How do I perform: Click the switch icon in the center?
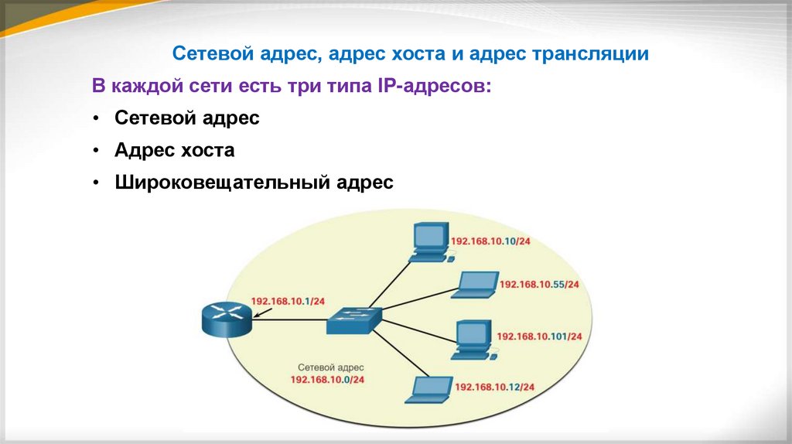click(353, 319)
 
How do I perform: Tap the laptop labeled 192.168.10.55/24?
click(475, 285)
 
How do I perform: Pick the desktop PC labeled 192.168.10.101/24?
click(472, 338)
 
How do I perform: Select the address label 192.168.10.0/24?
click(327, 380)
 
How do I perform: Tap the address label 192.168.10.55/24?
click(539, 285)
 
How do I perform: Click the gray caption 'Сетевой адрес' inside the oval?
click(330, 367)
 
